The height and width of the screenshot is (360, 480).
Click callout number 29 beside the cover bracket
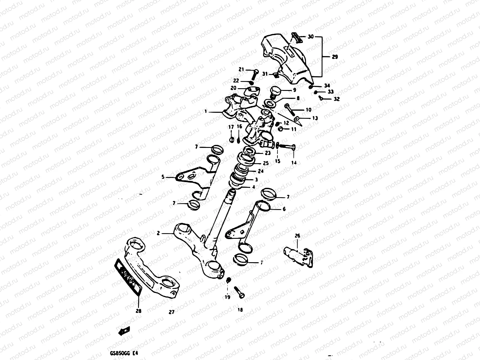pos(335,57)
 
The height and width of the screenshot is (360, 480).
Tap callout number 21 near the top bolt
pos(241,70)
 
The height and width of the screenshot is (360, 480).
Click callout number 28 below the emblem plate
pos(138,311)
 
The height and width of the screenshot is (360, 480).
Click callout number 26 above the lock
pos(297,236)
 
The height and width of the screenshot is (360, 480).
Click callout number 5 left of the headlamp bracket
pos(163,177)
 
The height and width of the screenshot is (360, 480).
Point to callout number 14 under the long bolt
pos(294,163)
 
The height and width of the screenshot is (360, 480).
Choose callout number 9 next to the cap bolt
pos(294,90)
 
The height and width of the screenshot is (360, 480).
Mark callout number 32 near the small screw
pos(337,99)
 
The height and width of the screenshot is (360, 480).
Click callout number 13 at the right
pos(315,118)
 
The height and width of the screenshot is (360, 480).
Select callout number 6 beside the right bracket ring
pos(284,209)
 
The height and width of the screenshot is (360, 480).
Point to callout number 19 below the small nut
pos(227,297)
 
